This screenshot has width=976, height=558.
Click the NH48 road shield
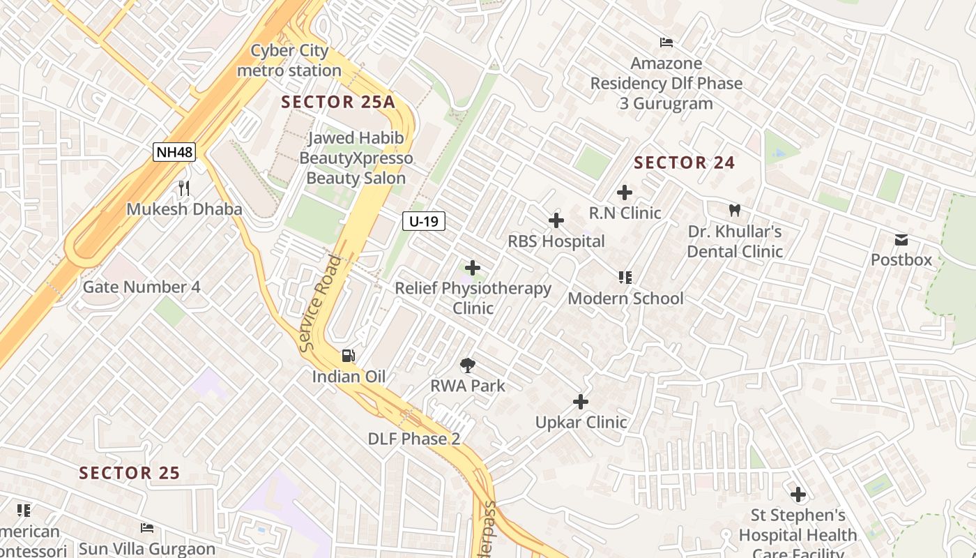[174, 152]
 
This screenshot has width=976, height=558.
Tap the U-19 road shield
[423, 222]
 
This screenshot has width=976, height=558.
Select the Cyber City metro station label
[289, 61]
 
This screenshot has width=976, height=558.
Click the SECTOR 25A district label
[338, 102]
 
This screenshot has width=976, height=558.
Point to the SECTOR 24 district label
[684, 163]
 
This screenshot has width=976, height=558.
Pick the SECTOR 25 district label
[130, 473]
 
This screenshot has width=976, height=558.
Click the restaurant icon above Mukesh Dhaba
[184, 188]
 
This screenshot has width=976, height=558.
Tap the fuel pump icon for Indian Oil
[348, 356]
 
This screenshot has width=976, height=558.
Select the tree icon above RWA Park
[468, 365]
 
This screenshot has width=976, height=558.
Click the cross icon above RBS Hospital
[556, 221]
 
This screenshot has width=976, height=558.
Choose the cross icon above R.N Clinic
[625, 193]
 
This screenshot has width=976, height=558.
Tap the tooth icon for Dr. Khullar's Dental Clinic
[734, 210]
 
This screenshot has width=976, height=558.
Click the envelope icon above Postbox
[901, 241]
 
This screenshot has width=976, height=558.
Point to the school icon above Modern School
[625, 278]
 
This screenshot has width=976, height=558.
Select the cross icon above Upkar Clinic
[580, 402]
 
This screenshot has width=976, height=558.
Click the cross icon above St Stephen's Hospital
[798, 495]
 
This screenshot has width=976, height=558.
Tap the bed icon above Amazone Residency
[666, 43]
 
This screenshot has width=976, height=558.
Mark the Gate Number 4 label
[142, 287]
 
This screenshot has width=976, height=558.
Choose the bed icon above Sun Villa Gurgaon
[146, 527]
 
